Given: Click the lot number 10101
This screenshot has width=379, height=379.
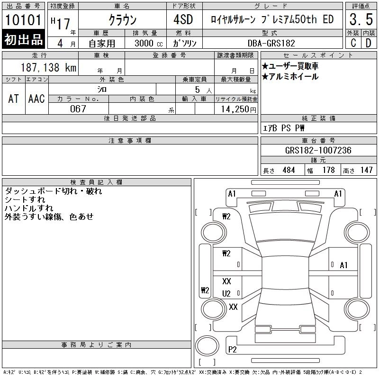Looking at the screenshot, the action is pyautogui.click(x=24, y=20).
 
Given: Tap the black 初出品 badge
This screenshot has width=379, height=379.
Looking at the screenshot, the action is pyautogui.click(x=24, y=40).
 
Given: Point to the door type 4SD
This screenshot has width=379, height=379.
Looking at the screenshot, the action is pyautogui.click(x=179, y=20).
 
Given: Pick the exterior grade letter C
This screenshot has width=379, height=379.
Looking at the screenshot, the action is pyautogui.click(x=353, y=42).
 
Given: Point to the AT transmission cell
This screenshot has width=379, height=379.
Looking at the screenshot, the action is pyautogui.click(x=13, y=99).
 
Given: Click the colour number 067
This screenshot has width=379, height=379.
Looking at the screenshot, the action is pyautogui.click(x=78, y=108).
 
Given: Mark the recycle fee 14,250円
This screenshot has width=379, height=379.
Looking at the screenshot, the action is pyautogui.click(x=236, y=109).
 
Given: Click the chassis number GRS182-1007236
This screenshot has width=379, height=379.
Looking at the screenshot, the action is pyautogui.click(x=318, y=151).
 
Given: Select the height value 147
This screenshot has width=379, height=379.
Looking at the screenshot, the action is pyautogui.click(x=366, y=170).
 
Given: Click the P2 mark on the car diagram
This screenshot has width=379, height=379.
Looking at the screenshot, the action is pyautogui.click(x=232, y=350).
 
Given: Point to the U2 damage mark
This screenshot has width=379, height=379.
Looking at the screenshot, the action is pyautogui.click(x=226, y=293).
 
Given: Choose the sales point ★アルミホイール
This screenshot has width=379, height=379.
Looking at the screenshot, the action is pyautogui.click(x=290, y=76).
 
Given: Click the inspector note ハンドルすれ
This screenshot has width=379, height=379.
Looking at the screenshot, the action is pyautogui.click(x=28, y=208).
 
